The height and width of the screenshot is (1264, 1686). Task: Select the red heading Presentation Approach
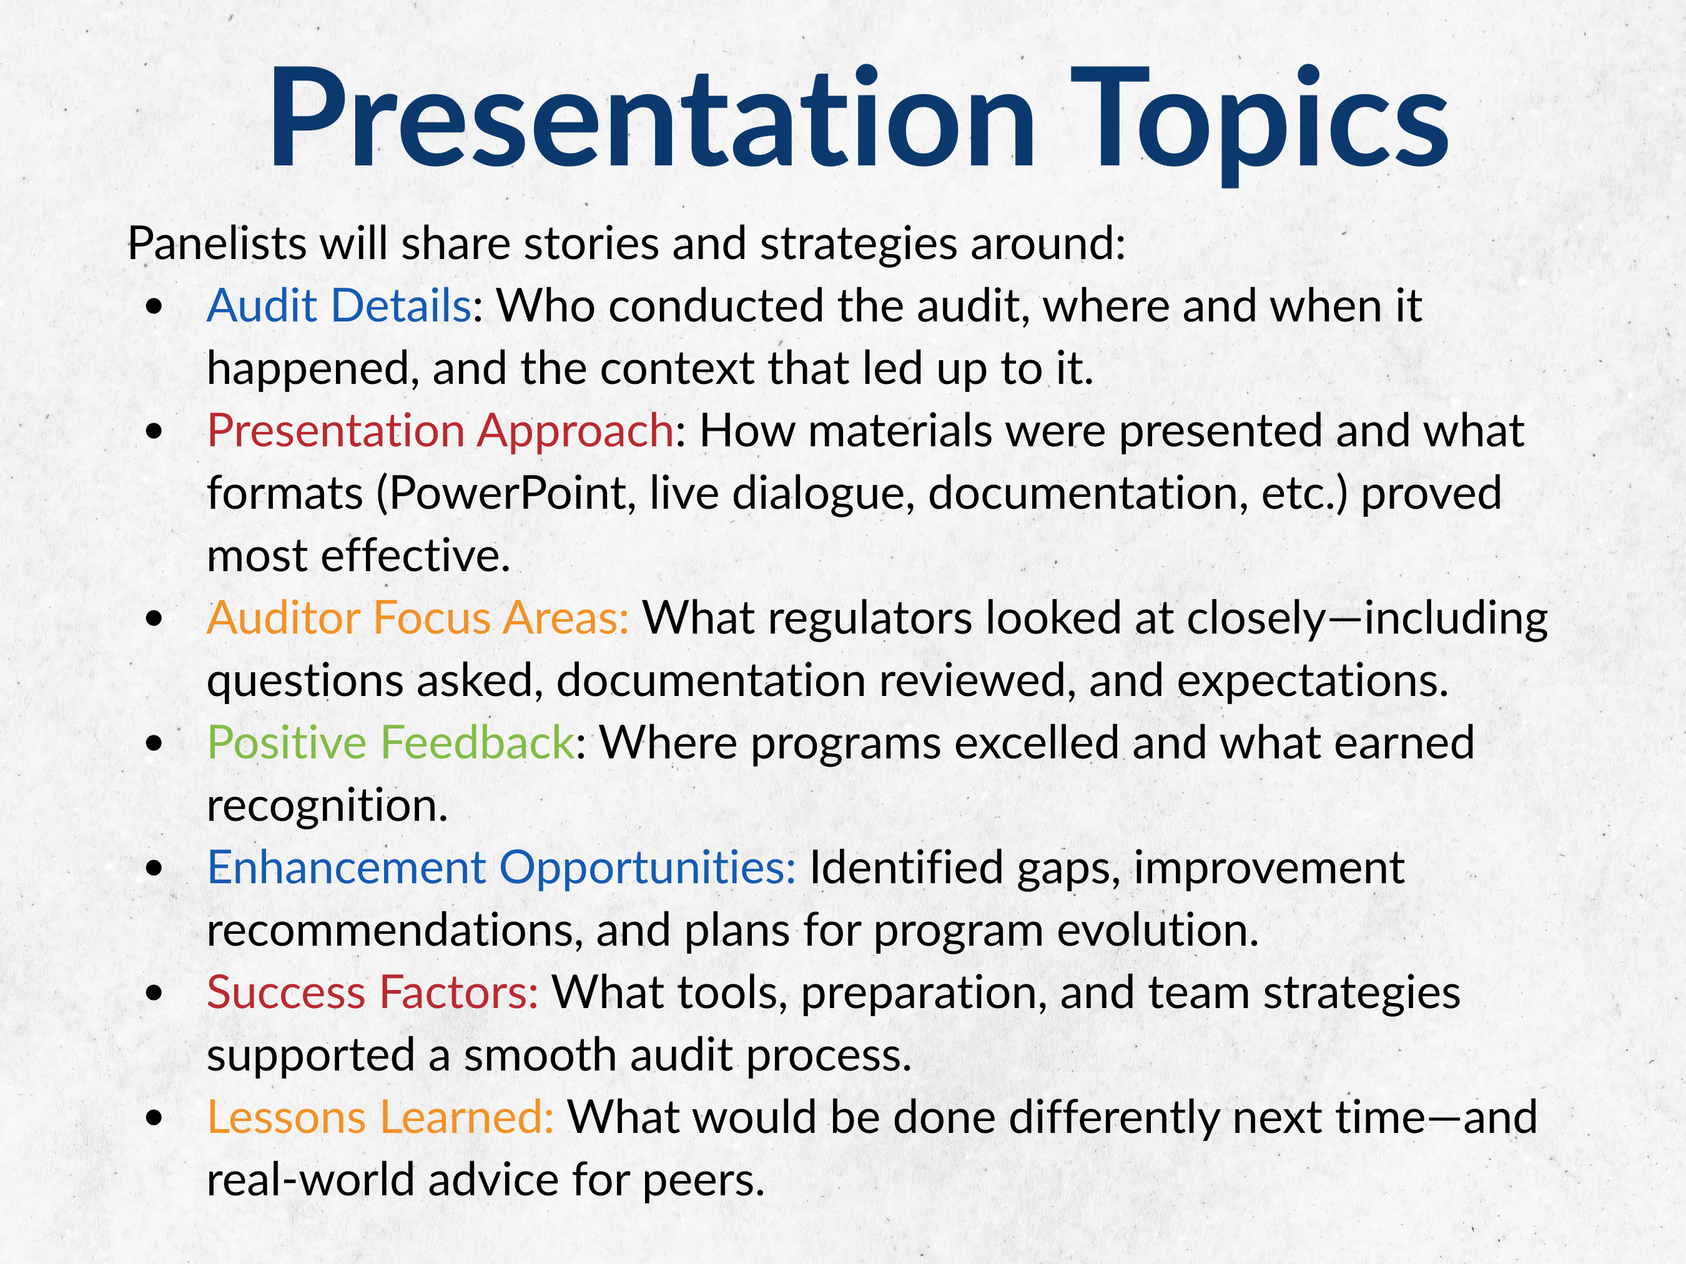(440, 432)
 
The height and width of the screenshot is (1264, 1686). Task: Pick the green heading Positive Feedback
(391, 742)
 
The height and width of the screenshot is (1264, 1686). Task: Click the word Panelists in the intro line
(217, 244)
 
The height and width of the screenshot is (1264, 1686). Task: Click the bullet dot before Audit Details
(155, 306)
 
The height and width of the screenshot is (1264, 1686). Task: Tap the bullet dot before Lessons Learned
(155, 1118)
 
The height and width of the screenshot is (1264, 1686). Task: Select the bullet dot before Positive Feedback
(155, 743)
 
